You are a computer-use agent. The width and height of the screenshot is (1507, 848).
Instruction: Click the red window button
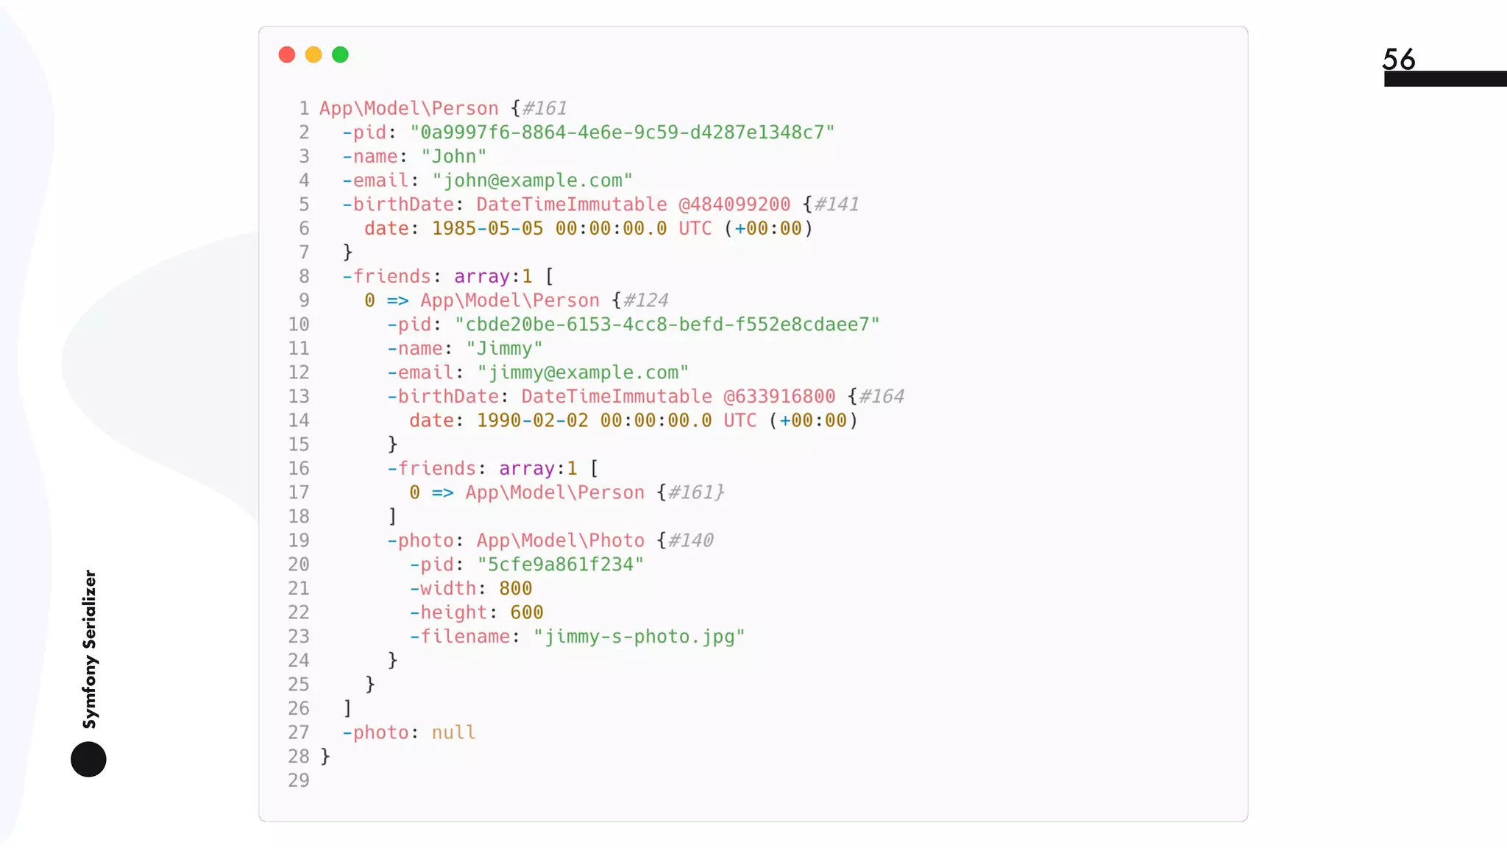click(x=287, y=54)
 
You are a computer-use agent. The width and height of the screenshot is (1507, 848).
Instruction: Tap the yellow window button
click(x=313, y=54)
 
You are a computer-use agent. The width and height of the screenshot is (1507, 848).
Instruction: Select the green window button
click(x=340, y=54)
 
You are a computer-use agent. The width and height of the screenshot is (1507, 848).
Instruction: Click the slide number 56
click(x=1398, y=59)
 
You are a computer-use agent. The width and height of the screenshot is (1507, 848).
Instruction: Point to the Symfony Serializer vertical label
click(x=90, y=649)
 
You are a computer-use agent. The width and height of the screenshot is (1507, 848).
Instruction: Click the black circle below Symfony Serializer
click(x=88, y=759)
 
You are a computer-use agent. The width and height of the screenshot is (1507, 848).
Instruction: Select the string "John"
click(x=453, y=156)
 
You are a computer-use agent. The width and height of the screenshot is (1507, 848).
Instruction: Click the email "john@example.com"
click(x=532, y=180)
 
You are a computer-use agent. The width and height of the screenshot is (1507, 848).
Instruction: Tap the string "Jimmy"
click(x=504, y=348)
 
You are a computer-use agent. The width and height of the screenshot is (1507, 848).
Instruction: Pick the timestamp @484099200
click(x=734, y=204)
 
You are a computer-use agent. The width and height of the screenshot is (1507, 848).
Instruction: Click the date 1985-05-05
click(x=487, y=228)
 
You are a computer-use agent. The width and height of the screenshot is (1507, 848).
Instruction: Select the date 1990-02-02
click(x=532, y=420)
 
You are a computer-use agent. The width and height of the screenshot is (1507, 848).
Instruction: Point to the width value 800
click(x=515, y=588)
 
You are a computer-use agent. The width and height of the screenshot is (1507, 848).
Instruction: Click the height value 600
click(x=526, y=612)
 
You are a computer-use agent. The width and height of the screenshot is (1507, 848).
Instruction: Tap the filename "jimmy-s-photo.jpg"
click(x=639, y=636)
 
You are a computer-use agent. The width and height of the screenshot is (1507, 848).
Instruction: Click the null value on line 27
click(x=453, y=732)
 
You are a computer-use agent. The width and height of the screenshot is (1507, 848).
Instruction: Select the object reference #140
click(x=690, y=540)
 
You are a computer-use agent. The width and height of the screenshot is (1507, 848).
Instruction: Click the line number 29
click(x=299, y=780)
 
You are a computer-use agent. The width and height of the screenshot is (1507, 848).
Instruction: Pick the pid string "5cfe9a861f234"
click(x=560, y=565)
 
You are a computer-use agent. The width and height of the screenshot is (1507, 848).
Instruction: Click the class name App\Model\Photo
click(x=560, y=540)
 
